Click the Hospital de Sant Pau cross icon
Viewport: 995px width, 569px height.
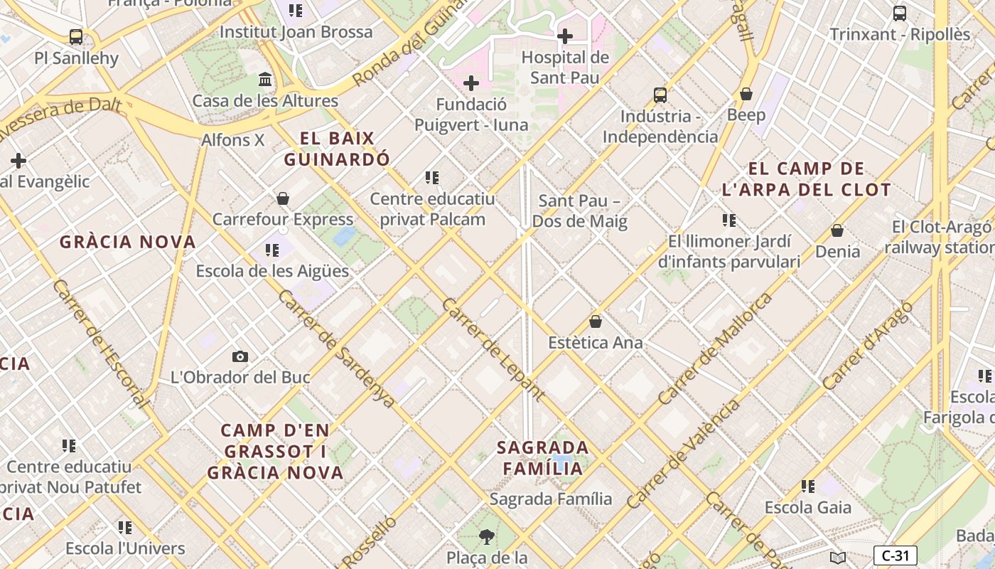(x=565, y=36)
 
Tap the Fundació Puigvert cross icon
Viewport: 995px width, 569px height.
(x=470, y=83)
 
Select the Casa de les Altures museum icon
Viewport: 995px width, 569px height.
(x=265, y=79)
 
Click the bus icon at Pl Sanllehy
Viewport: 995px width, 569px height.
(x=76, y=36)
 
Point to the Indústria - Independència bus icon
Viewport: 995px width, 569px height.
(x=660, y=95)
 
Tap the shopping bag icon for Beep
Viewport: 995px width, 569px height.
(x=746, y=93)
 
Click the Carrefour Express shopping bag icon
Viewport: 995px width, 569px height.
(x=283, y=198)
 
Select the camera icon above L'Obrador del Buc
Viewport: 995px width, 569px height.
(x=240, y=356)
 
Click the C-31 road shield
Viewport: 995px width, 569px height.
(x=895, y=555)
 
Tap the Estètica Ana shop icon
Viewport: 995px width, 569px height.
(x=596, y=321)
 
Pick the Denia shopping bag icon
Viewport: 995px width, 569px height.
(x=837, y=230)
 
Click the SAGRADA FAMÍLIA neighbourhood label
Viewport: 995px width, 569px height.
(x=543, y=458)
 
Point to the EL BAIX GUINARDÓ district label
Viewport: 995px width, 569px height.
(x=337, y=149)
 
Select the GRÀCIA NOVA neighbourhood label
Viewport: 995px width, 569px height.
(x=128, y=242)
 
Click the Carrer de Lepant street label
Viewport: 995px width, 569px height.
(x=494, y=349)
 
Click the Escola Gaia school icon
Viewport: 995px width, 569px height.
(x=808, y=486)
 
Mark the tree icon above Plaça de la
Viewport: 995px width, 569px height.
(x=487, y=536)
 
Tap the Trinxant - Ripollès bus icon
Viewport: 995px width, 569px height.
(x=899, y=13)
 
